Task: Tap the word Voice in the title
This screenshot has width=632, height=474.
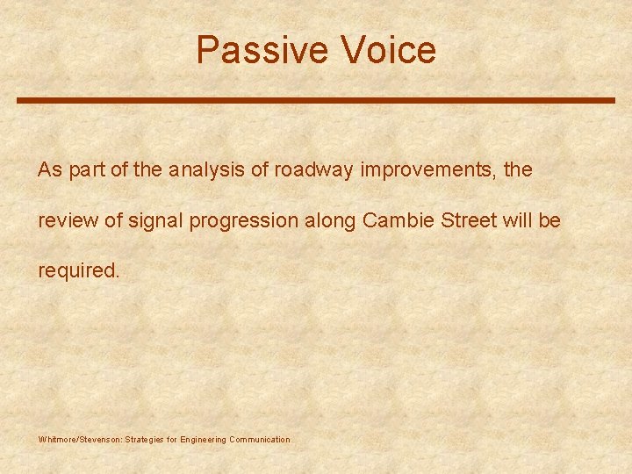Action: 388,50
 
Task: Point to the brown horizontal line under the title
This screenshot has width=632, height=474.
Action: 316,100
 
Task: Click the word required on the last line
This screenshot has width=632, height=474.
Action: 77,270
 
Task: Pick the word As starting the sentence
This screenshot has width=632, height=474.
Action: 49,170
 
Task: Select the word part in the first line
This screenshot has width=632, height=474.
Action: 85,170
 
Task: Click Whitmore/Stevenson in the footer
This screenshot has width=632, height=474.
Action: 80,439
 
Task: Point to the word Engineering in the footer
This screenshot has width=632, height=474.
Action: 202,439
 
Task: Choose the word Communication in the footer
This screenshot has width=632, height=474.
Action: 259,439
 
